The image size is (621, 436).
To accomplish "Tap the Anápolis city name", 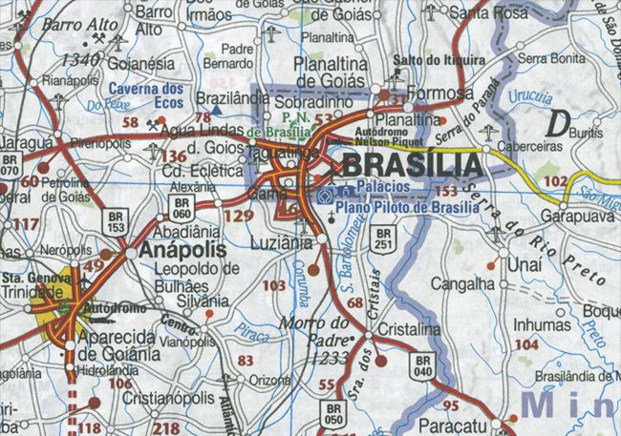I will [x=182, y=249].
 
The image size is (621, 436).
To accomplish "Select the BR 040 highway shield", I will [x=422, y=365].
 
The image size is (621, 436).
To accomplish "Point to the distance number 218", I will [x=165, y=427].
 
